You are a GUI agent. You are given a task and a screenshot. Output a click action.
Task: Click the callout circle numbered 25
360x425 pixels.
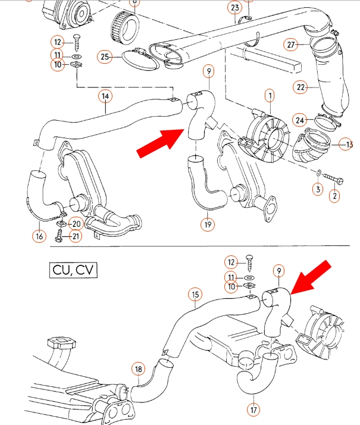tap(105, 57)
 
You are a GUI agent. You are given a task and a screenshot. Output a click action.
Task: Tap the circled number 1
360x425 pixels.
tap(270, 95)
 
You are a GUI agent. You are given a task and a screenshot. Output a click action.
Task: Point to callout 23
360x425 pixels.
tap(234, 8)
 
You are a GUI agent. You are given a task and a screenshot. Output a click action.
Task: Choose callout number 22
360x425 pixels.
tap(301, 87)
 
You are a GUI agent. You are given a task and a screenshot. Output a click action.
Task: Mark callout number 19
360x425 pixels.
tap(207, 225)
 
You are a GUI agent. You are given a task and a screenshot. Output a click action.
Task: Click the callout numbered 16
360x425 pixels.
tap(39, 236)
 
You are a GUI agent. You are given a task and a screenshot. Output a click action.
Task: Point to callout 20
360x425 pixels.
tap(76, 224)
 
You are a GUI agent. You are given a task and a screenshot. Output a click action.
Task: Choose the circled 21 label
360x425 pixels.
tap(76, 237)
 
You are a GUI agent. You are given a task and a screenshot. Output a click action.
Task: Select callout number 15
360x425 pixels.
tap(195, 294)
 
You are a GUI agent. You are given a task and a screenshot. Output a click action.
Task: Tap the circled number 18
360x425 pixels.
tap(138, 369)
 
